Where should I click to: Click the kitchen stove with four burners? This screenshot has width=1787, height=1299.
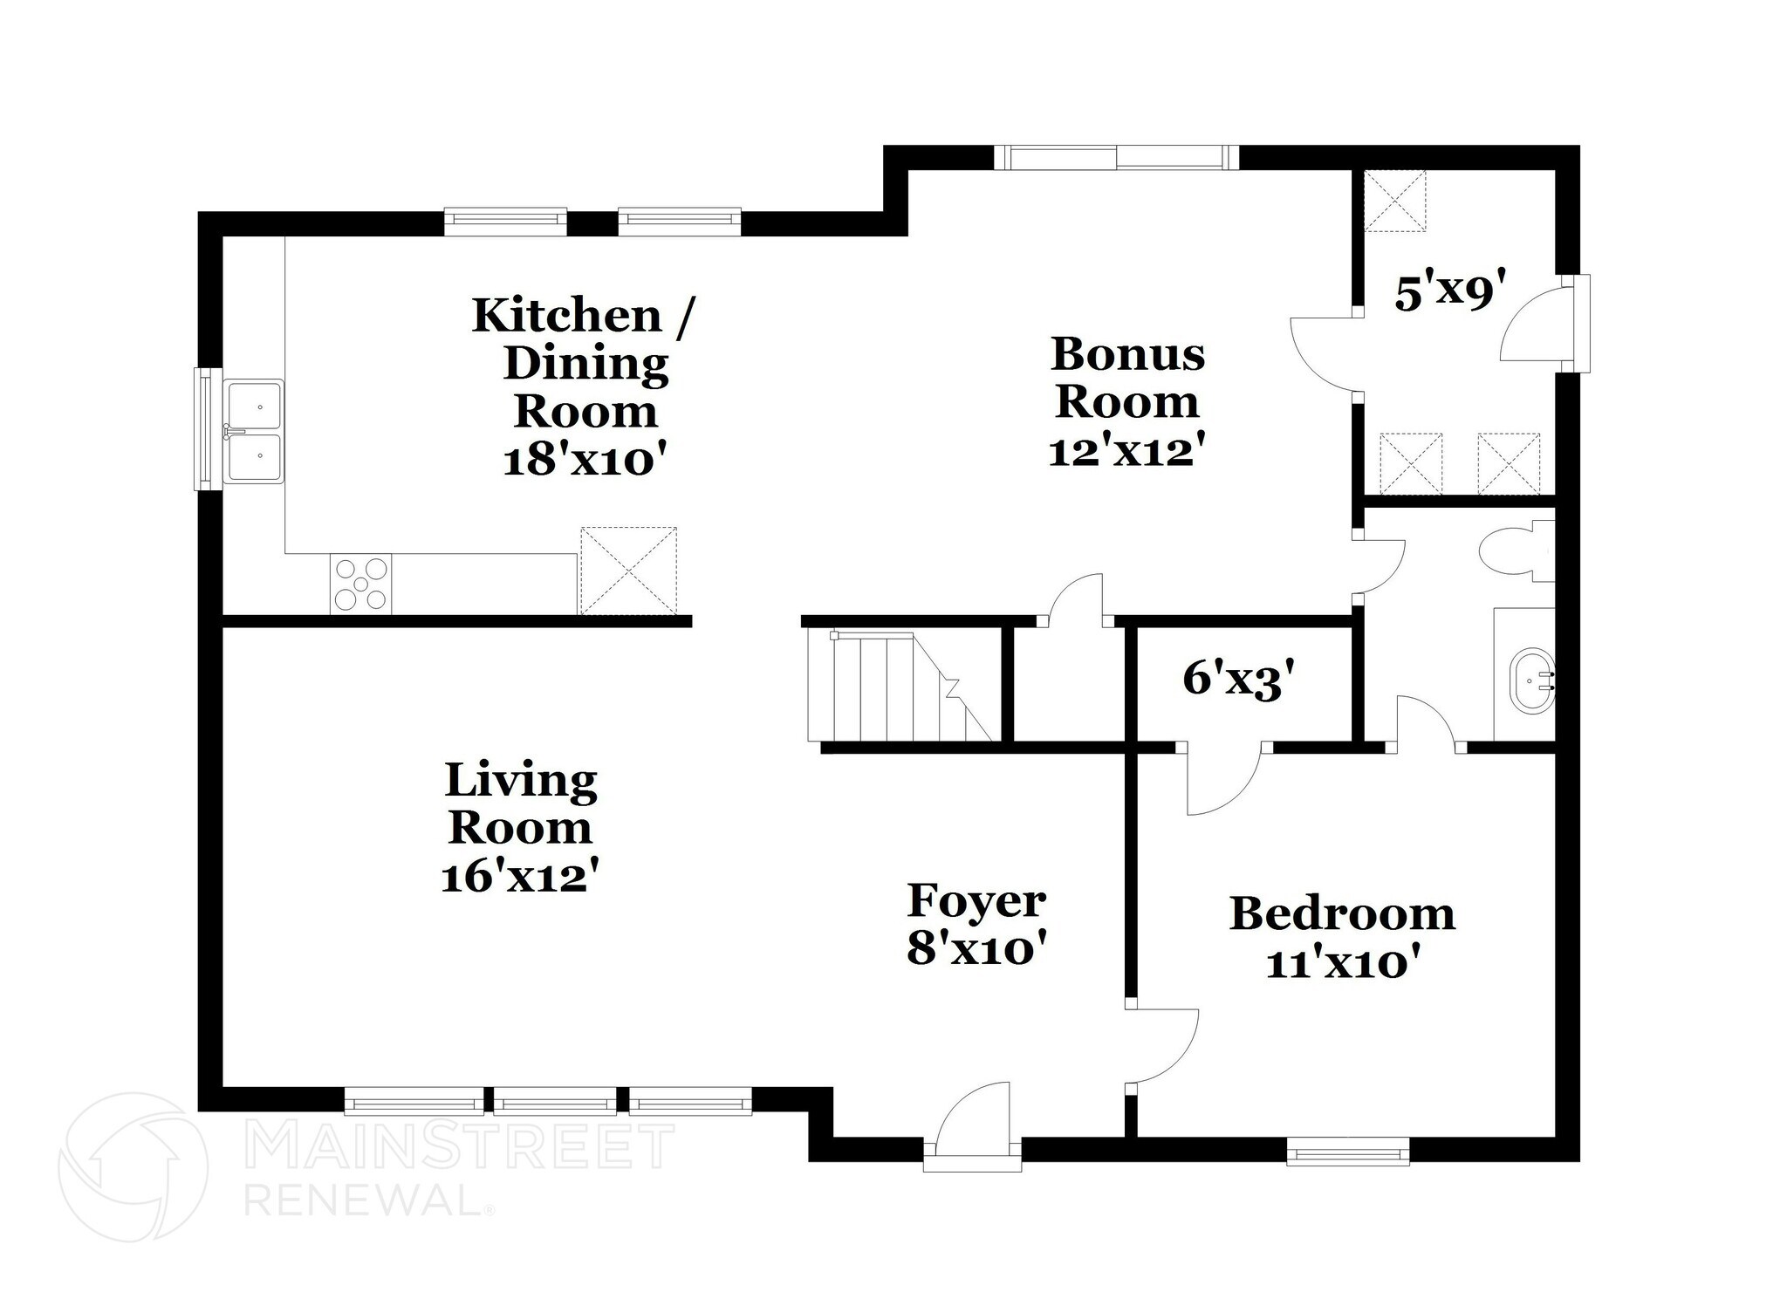(x=360, y=584)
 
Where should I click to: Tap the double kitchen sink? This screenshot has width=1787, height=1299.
(x=254, y=431)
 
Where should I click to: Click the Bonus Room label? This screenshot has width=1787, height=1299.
(x=1126, y=378)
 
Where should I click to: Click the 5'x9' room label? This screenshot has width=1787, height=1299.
(x=1451, y=292)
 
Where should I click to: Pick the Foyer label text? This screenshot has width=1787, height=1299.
(x=976, y=901)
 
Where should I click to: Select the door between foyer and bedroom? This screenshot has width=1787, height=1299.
(x=1163, y=1047)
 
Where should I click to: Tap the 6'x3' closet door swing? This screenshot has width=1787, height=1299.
(x=1222, y=779)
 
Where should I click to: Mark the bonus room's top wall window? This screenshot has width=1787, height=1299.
(x=1116, y=157)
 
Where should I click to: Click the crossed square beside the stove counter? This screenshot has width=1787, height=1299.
(x=628, y=570)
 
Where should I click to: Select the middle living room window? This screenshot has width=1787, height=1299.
(x=555, y=1101)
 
